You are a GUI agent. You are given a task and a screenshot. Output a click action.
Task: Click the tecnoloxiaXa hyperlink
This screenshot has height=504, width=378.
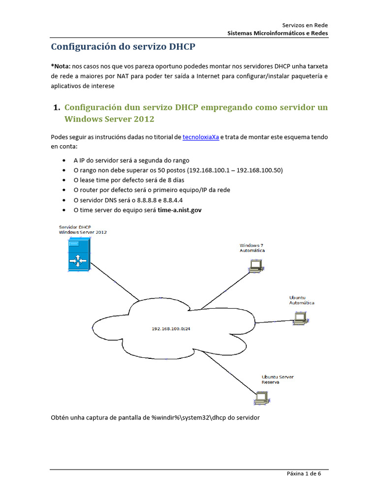[x=200, y=137]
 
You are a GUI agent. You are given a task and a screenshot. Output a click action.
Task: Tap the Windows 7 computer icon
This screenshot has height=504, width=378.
[x=255, y=266]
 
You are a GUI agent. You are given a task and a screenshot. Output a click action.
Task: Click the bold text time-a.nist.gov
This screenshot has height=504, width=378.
[x=179, y=210]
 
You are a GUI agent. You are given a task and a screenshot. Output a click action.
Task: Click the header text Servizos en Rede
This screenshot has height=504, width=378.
[x=305, y=25]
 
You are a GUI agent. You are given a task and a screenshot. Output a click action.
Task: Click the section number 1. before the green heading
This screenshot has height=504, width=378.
[x=56, y=107]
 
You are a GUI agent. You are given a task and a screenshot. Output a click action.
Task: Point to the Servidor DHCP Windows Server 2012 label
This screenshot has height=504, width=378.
[x=83, y=229]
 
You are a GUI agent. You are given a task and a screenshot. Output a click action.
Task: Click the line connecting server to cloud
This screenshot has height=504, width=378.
[x=114, y=281]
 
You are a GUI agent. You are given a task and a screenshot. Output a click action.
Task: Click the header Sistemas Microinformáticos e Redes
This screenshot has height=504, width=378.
[x=278, y=33]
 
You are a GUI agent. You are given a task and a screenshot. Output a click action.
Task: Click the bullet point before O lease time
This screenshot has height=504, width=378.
[x=65, y=180]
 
